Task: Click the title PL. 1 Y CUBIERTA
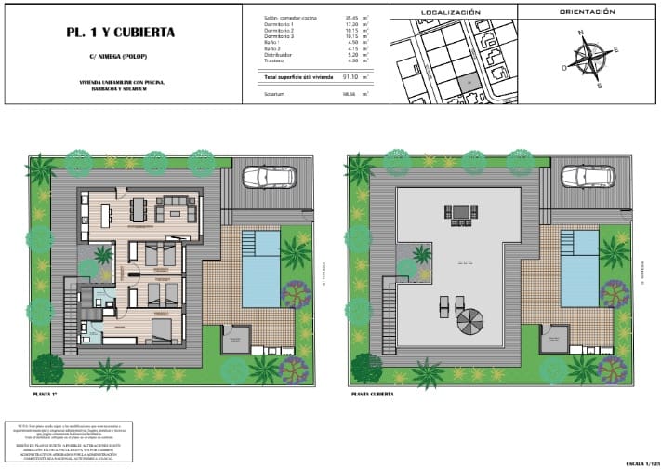coord(120,33)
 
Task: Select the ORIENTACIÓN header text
coord(588,12)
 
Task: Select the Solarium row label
coord(274,94)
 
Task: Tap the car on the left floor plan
coord(269,176)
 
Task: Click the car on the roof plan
coord(588,176)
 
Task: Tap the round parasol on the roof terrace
coord(469,322)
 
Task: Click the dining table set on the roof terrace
coord(460,212)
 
